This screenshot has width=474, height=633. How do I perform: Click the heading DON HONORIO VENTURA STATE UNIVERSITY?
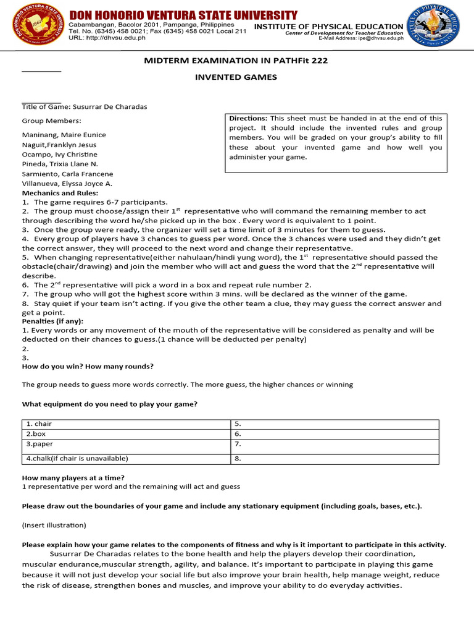183,15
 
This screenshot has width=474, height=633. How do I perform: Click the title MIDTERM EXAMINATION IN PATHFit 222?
236,61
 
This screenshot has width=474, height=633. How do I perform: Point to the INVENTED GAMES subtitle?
236,77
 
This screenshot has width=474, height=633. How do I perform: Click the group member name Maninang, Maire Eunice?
64,135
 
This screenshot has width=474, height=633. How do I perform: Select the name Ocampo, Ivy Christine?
60,154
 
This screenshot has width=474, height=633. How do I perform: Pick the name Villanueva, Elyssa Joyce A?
67,184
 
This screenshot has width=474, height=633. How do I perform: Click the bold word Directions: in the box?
248,118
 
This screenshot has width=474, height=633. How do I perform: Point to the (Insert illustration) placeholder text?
54,525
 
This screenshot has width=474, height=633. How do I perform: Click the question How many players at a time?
73,478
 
